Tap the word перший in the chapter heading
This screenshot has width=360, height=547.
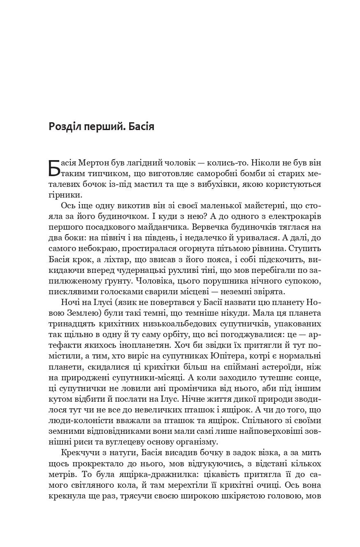point(98,126)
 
